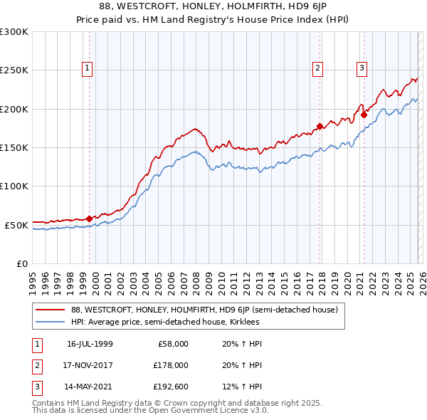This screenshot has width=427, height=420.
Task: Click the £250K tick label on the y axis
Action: click(x=14, y=70)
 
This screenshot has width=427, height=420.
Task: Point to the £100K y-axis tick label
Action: click(x=14, y=186)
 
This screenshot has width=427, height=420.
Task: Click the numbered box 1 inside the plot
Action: click(x=87, y=68)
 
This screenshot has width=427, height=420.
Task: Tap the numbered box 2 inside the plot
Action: click(x=317, y=68)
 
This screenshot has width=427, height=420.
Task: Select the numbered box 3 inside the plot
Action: click(x=362, y=68)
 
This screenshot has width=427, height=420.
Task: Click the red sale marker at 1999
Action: click(x=89, y=219)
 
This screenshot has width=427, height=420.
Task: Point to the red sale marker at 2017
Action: click(x=320, y=127)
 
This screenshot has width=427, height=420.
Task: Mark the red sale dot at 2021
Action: click(x=364, y=115)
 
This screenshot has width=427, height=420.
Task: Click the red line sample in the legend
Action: click(x=51, y=310)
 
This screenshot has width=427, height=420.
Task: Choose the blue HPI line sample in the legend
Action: click(x=51, y=322)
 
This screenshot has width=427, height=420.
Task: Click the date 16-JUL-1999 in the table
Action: click(x=90, y=344)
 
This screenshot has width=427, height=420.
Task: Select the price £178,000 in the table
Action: click(x=171, y=365)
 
